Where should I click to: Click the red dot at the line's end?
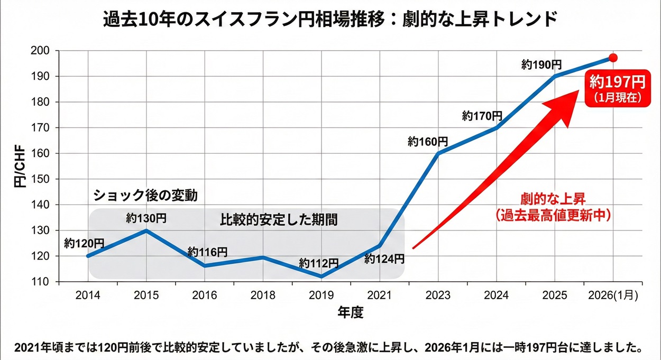[x=613, y=57]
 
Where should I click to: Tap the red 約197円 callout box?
[x=618, y=87]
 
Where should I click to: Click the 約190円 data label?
[x=541, y=65]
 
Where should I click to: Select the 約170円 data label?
[x=482, y=115]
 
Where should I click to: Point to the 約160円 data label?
[x=428, y=142]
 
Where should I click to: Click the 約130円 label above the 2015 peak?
[x=146, y=218]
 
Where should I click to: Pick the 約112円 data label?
[x=318, y=263]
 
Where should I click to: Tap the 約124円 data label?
[x=384, y=259]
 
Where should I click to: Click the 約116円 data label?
[x=207, y=252]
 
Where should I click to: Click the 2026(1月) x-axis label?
[x=613, y=295]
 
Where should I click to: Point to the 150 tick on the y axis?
[x=43, y=179]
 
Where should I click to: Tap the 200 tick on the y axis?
[x=43, y=51]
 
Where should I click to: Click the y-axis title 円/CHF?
[x=19, y=168]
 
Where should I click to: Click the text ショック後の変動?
[x=145, y=196]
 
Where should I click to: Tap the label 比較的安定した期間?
[x=278, y=220]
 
